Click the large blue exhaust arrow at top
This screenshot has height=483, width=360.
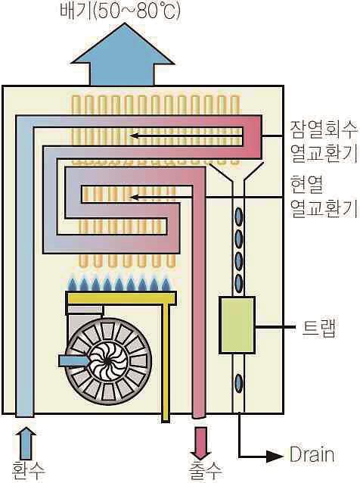(x=123, y=55)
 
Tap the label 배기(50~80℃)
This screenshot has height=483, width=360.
(x=120, y=11)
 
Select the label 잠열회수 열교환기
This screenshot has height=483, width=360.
(x=324, y=142)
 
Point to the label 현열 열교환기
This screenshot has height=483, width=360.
(x=324, y=197)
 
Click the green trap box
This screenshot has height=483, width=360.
(x=237, y=325)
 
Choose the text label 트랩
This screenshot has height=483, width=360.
(x=318, y=329)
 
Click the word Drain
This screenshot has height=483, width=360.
(x=312, y=455)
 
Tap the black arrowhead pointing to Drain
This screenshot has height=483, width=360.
(x=275, y=457)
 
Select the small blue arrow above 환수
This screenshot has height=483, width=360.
(x=27, y=443)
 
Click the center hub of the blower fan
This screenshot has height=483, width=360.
(x=106, y=360)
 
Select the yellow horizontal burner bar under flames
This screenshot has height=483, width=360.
(x=121, y=298)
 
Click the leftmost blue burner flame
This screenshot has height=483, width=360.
(x=72, y=284)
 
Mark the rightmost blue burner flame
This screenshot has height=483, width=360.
(x=166, y=284)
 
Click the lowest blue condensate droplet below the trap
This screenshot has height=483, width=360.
(x=238, y=383)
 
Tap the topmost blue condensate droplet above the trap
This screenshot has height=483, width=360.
(x=238, y=217)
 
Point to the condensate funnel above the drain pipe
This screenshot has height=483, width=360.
(x=237, y=173)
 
